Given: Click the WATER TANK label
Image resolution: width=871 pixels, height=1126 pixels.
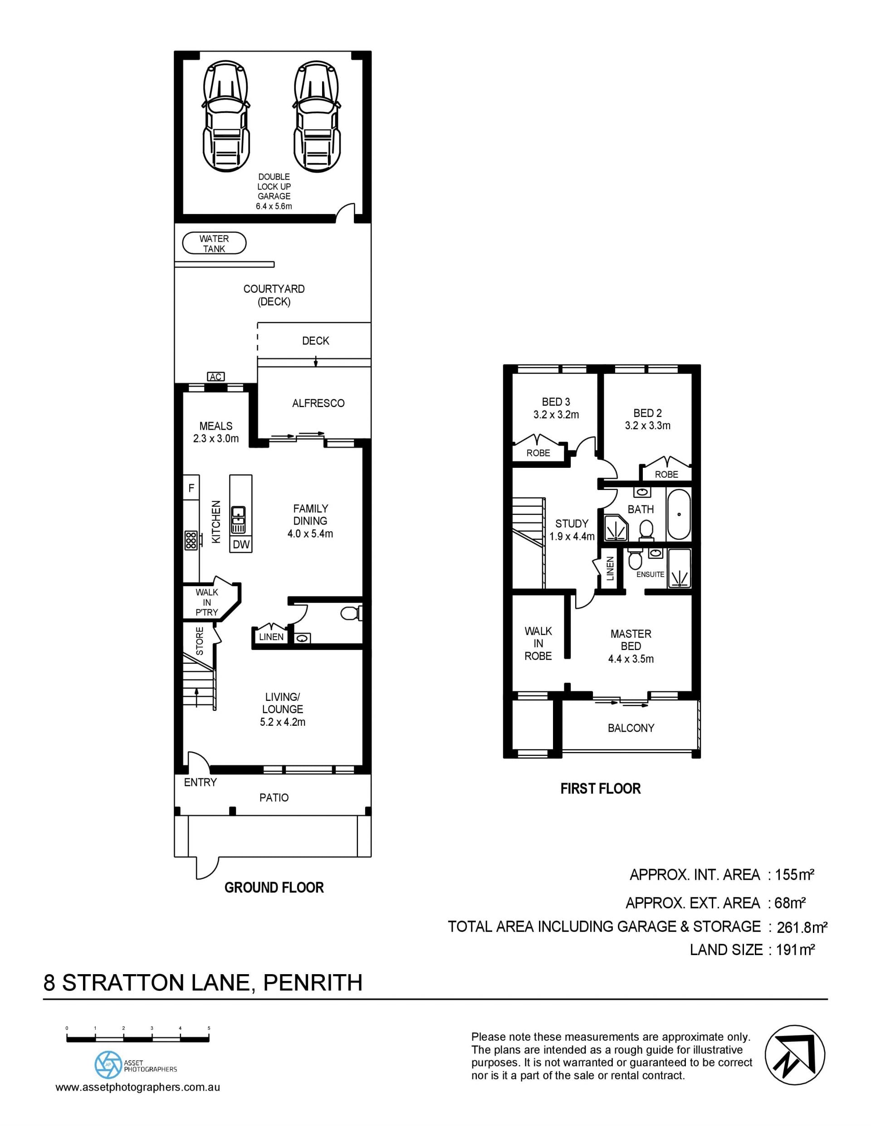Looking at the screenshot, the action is [x=214, y=244].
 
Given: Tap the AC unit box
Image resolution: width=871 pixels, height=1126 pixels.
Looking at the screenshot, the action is [x=215, y=377].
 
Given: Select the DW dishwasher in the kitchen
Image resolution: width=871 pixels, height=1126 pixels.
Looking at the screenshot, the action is [x=241, y=544].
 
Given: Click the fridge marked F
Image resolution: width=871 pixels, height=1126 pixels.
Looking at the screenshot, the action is [x=191, y=488].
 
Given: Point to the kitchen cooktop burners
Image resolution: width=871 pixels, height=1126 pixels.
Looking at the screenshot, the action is [x=191, y=539].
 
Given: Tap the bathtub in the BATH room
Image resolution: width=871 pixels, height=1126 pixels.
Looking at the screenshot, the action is [x=679, y=514].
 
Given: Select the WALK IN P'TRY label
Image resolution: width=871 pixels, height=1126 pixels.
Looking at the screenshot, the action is [x=207, y=602].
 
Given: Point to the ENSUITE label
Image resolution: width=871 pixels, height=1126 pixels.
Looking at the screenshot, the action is [x=650, y=574].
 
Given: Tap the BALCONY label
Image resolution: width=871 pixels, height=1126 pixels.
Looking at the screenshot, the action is [x=631, y=728].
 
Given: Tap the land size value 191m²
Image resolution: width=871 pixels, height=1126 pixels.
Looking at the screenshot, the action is [x=795, y=950].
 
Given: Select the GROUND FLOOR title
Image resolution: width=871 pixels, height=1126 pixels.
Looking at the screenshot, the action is [x=274, y=887].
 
